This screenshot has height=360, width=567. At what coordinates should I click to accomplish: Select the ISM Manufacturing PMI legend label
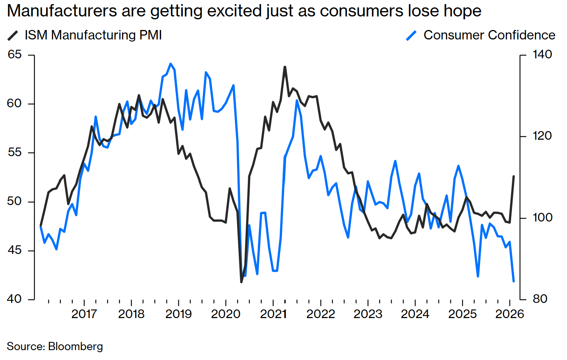[93, 35]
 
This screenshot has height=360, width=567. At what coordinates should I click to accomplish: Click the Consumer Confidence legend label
[489, 35]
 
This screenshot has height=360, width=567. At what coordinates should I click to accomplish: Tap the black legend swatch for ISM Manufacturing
[13, 36]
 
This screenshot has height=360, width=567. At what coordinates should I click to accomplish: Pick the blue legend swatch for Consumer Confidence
[411, 36]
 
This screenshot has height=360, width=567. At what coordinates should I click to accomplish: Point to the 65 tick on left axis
[15, 55]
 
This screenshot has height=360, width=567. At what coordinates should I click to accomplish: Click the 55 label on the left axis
[15, 152]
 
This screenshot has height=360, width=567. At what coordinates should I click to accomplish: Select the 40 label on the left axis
[15, 299]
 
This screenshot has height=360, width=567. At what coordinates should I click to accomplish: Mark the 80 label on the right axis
[540, 299]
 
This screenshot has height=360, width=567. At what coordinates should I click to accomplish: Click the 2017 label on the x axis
[84, 314]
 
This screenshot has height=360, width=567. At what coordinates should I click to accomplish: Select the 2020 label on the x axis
[226, 314]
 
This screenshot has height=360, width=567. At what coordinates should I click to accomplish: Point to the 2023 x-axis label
[368, 314]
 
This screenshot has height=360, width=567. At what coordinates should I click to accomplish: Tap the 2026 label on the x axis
[509, 314]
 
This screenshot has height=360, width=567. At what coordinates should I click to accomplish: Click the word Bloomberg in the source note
[76, 346]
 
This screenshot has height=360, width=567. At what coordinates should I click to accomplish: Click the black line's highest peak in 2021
[285, 67]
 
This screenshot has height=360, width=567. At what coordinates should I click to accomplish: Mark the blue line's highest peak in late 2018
[171, 64]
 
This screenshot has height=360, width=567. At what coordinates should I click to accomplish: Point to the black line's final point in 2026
[514, 176]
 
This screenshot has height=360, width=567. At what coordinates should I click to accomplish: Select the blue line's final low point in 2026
[514, 282]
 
